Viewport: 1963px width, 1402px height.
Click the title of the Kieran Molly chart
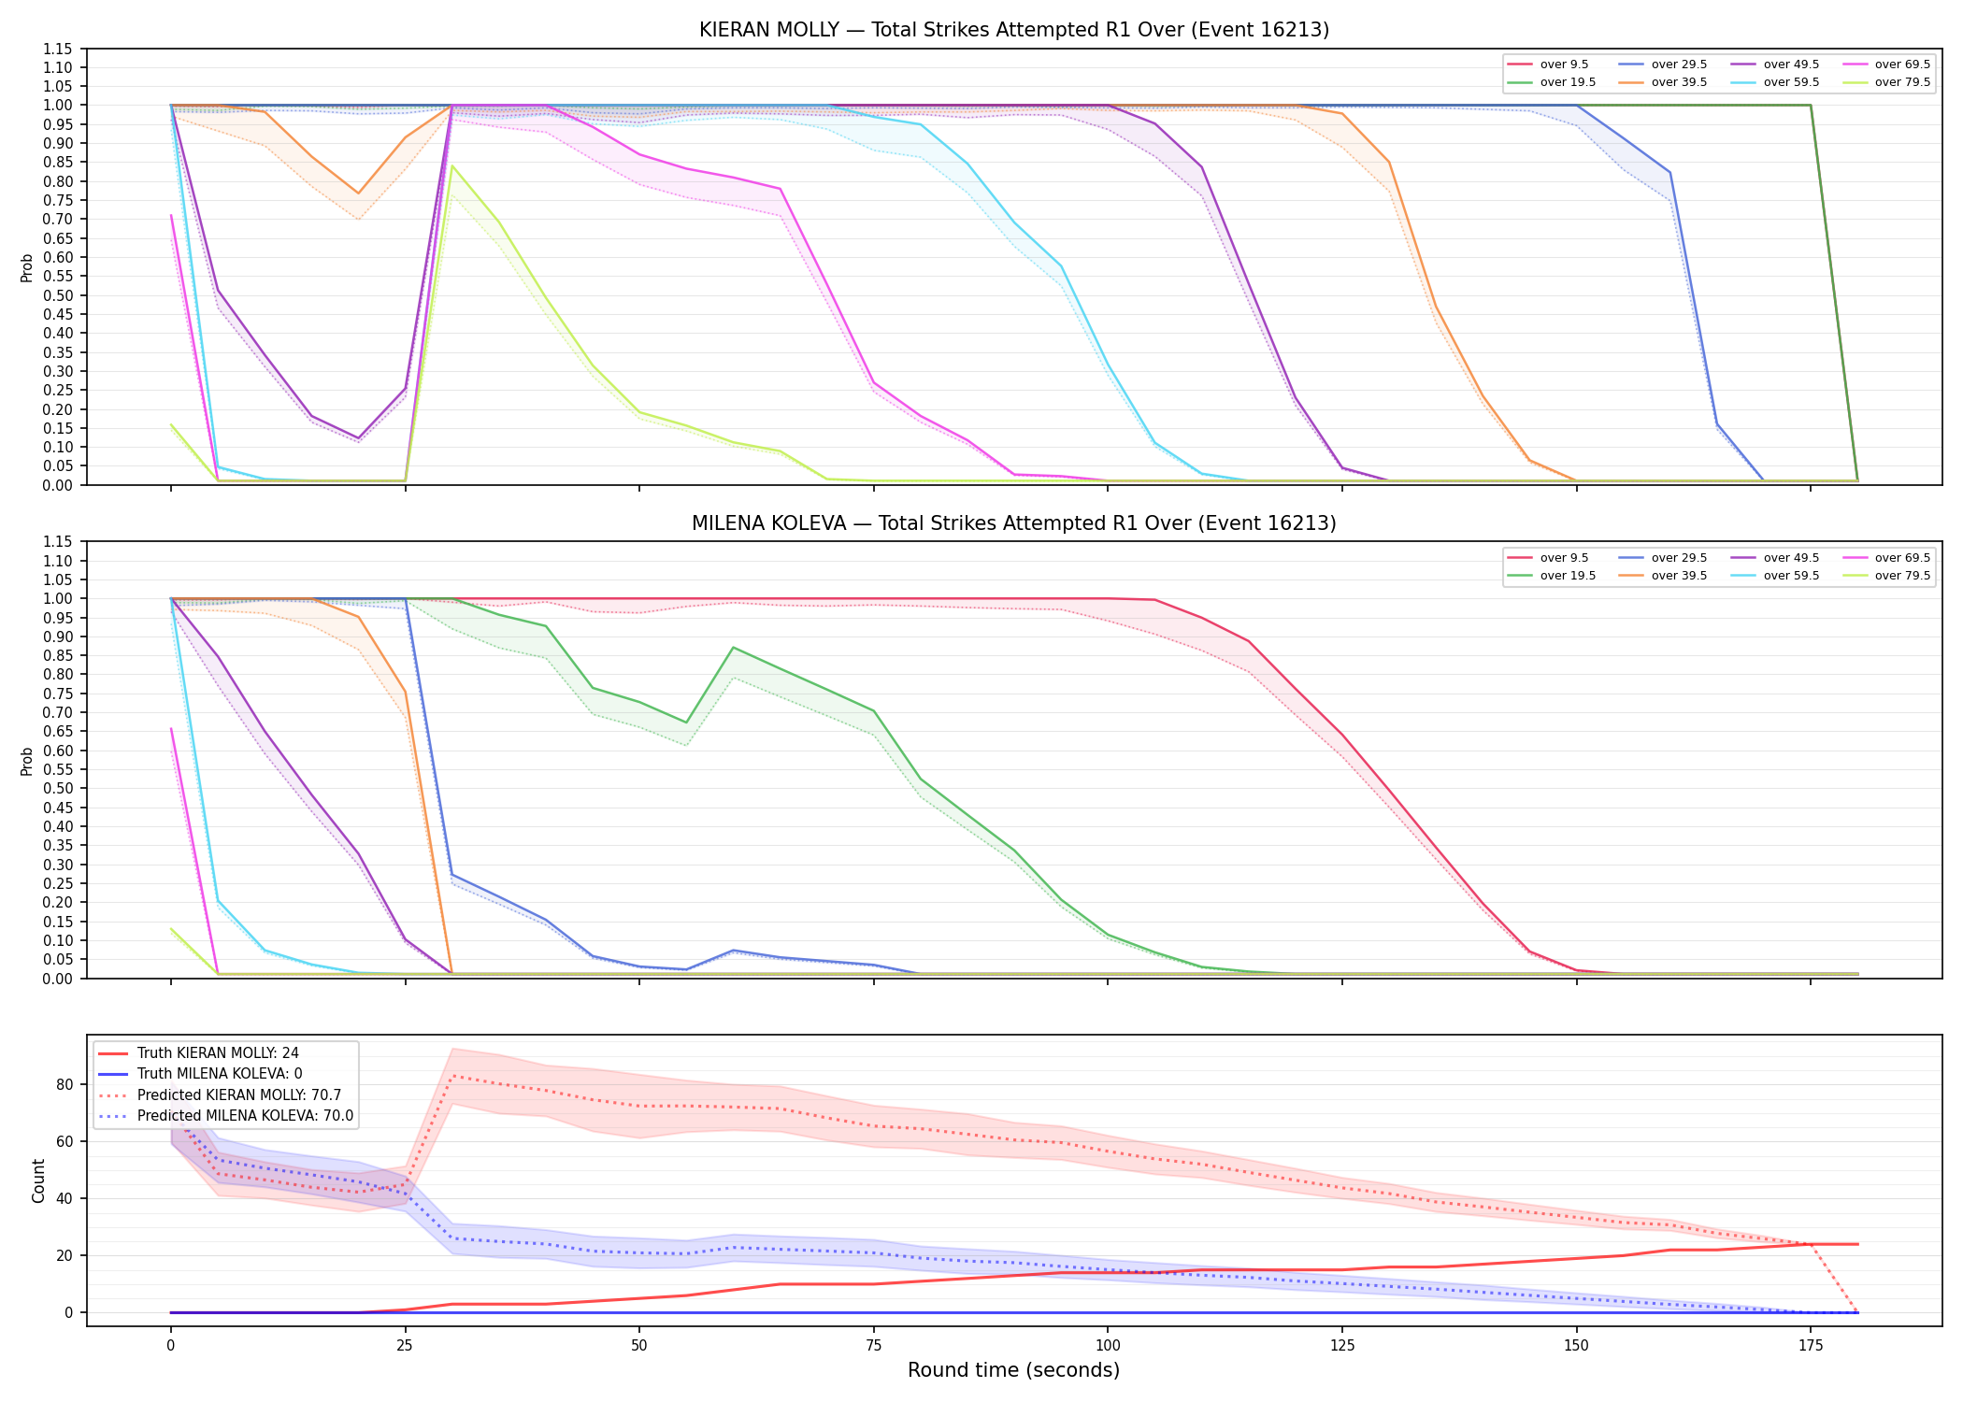[x=1014, y=30]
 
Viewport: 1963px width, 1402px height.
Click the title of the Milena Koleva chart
[x=1014, y=523]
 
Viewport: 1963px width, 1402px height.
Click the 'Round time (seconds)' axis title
[x=1014, y=1370]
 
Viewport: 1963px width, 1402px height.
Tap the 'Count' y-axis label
[x=38, y=1180]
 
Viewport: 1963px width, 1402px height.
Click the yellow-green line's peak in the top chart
[x=452, y=166]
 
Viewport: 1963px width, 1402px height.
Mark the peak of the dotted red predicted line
[x=452, y=1076]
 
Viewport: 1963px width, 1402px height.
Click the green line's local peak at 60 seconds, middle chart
[x=734, y=647]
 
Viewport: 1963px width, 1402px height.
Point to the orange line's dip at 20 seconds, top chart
[x=358, y=193]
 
